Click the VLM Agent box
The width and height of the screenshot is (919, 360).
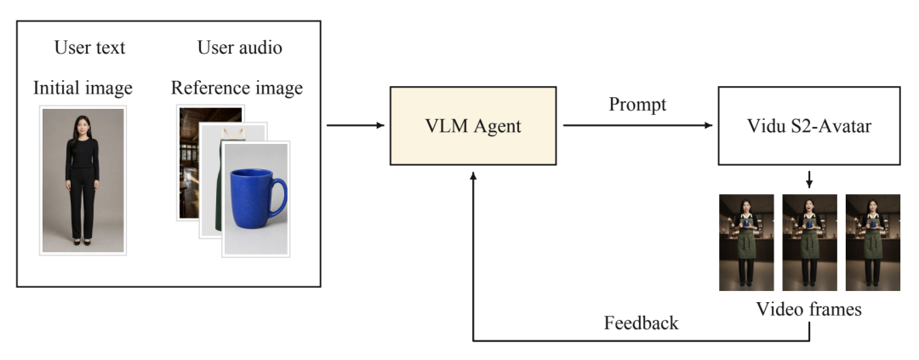pyautogui.click(x=473, y=125)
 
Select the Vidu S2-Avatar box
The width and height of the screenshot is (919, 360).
pyautogui.click(x=809, y=125)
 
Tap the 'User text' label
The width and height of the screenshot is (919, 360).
pyautogui.click(x=89, y=48)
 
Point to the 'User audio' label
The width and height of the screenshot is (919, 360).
pyautogui.click(x=239, y=48)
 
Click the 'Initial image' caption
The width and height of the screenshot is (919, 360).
pyautogui.click(x=83, y=88)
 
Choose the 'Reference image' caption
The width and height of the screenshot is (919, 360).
pyautogui.click(x=237, y=88)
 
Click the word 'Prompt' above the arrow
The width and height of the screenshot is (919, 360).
pyautogui.click(x=637, y=105)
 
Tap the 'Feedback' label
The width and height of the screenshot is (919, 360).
pyautogui.click(x=642, y=323)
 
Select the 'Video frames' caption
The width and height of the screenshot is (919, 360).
pyautogui.click(x=809, y=309)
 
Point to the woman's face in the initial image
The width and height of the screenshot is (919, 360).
pyautogui.click(x=82, y=125)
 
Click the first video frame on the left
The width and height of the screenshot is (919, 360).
pyautogui.click(x=746, y=243)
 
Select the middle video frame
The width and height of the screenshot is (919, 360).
pyautogui.click(x=809, y=243)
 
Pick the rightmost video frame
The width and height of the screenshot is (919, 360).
pyautogui.click(x=873, y=243)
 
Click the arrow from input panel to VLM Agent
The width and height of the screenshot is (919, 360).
pyautogui.click(x=355, y=125)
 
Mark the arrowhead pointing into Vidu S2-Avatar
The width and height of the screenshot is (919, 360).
pyautogui.click(x=709, y=125)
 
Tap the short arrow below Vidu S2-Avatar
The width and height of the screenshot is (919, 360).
pyautogui.click(x=809, y=180)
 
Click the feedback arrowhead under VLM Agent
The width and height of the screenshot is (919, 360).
pyautogui.click(x=473, y=175)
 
